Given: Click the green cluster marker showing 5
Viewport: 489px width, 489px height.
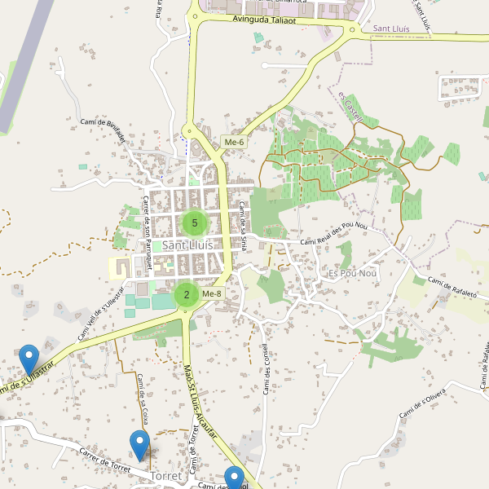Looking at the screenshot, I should click(x=195, y=222).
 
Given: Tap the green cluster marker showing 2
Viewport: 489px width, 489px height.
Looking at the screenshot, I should click(x=187, y=295).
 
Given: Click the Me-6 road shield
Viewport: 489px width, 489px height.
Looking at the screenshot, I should click(x=234, y=143).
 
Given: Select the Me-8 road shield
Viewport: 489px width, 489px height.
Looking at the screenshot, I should click(x=211, y=293).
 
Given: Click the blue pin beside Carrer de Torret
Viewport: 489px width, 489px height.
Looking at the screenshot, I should click(x=139, y=445).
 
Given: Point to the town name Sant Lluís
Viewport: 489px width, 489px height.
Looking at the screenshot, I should click(x=187, y=244).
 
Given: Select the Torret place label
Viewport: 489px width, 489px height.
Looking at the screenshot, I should click(x=166, y=474).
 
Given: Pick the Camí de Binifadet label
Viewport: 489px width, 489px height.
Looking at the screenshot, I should click(x=104, y=129).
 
